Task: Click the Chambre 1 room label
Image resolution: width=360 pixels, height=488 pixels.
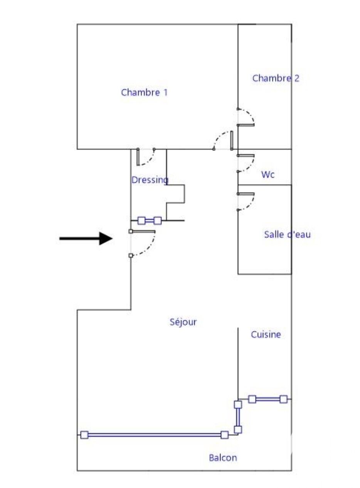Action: (144, 93)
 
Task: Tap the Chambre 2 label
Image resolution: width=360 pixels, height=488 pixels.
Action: (276, 78)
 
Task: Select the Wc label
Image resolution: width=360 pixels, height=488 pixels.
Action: (268, 175)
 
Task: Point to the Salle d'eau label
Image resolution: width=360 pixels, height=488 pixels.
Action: (287, 234)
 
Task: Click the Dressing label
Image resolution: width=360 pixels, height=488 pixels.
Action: (150, 180)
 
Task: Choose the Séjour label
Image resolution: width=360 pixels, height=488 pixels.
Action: (183, 322)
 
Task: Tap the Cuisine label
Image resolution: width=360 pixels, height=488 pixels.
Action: (266, 335)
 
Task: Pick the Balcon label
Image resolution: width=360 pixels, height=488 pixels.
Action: (223, 458)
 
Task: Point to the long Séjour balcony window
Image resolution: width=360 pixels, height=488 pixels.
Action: (154, 435)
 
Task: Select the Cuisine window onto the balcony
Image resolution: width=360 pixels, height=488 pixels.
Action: (267, 399)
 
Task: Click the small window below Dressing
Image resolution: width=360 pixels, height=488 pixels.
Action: (150, 220)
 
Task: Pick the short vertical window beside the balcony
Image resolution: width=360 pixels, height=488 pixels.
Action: (238, 417)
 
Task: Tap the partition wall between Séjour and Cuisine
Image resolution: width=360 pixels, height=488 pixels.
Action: (238, 362)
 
